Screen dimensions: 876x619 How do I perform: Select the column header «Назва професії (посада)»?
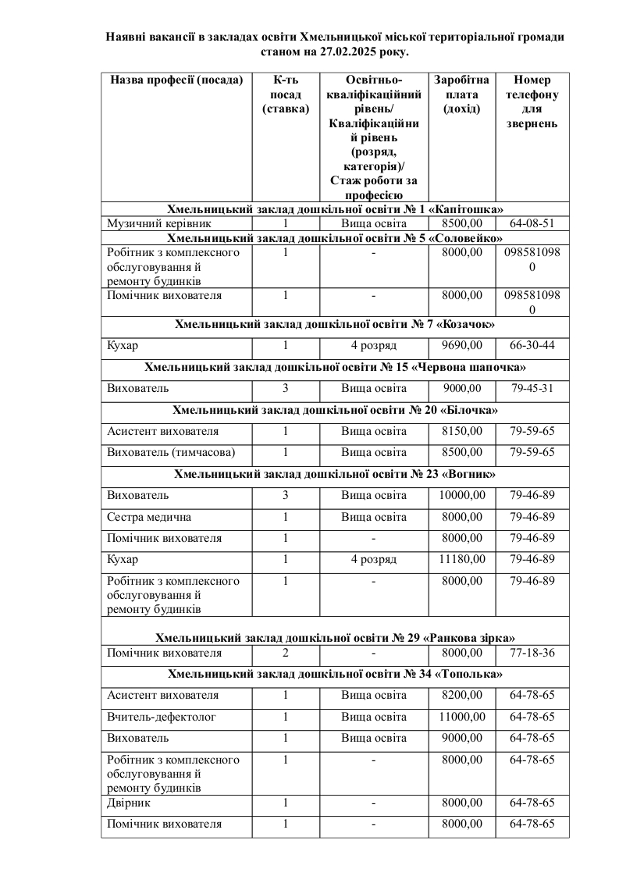coord(176,80)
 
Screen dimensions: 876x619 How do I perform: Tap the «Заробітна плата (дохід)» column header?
coord(461,94)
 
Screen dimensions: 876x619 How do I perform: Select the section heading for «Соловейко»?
coord(335,238)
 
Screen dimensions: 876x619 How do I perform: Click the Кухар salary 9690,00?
coord(461,345)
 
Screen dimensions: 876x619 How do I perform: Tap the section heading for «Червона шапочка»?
coord(335,367)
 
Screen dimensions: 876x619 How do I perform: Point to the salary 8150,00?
coord(461,431)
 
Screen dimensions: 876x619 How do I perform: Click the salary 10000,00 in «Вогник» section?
coord(461,495)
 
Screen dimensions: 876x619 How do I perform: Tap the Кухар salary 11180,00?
coord(461,559)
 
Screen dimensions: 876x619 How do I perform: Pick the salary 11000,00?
coord(461,717)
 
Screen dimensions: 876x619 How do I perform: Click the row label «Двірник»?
coord(129,803)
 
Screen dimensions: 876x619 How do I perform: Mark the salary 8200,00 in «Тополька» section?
coord(461,695)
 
